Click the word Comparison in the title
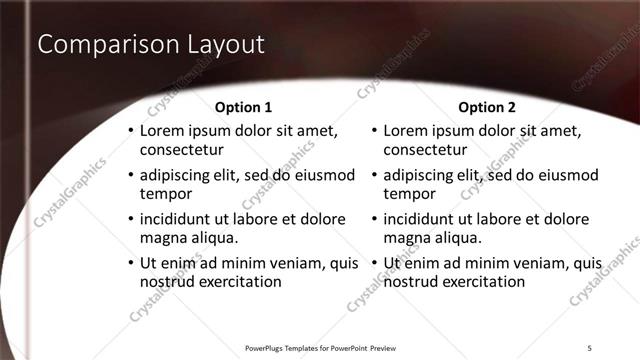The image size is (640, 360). coord(96,45)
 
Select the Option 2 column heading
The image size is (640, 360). coord(487,107)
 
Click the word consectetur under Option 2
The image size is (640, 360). coord(424,151)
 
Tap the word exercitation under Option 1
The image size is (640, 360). coord(239,282)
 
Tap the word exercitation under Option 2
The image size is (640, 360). coord(483,282)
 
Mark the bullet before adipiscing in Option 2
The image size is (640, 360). coord(374,175)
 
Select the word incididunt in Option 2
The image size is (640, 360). coord(423,219)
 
